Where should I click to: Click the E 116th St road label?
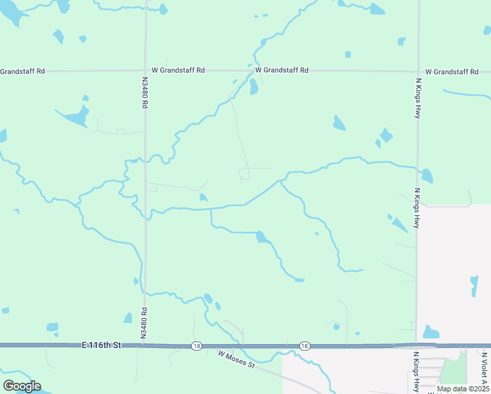(102, 345)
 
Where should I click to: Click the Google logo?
(22, 386)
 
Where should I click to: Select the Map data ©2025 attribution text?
(463, 389)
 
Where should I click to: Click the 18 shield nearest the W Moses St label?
(196, 345)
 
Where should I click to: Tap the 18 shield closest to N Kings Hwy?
(305, 345)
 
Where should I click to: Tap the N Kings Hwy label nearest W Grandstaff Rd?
(417, 97)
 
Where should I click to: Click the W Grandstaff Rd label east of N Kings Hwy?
(454, 72)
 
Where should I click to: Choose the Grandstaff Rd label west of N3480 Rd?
(22, 71)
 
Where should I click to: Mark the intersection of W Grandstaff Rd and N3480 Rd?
(145, 70)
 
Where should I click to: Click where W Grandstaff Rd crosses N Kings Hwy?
(417, 71)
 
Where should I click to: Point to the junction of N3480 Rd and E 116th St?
(142, 345)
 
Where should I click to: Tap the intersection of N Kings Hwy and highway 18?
(416, 345)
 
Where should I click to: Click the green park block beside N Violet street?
(454, 371)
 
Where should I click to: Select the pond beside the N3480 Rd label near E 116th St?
(128, 318)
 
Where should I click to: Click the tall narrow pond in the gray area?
(474, 286)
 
